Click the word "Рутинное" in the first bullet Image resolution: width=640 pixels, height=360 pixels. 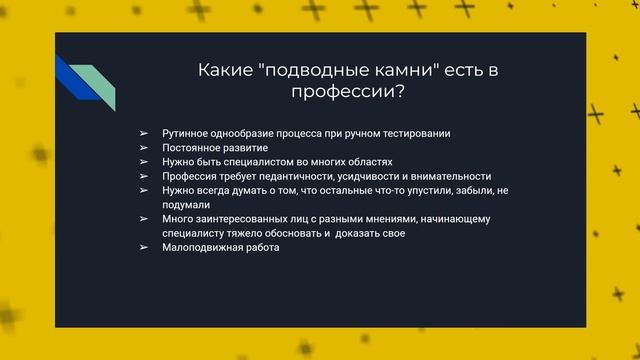click(x=184, y=133)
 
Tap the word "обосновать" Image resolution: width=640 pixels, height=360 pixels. click(x=291, y=233)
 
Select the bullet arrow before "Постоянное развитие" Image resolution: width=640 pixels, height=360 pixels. click(x=144, y=147)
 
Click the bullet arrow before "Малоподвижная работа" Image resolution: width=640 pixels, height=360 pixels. click(x=144, y=247)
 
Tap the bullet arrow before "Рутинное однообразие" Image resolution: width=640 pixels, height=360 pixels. click(x=144, y=133)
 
